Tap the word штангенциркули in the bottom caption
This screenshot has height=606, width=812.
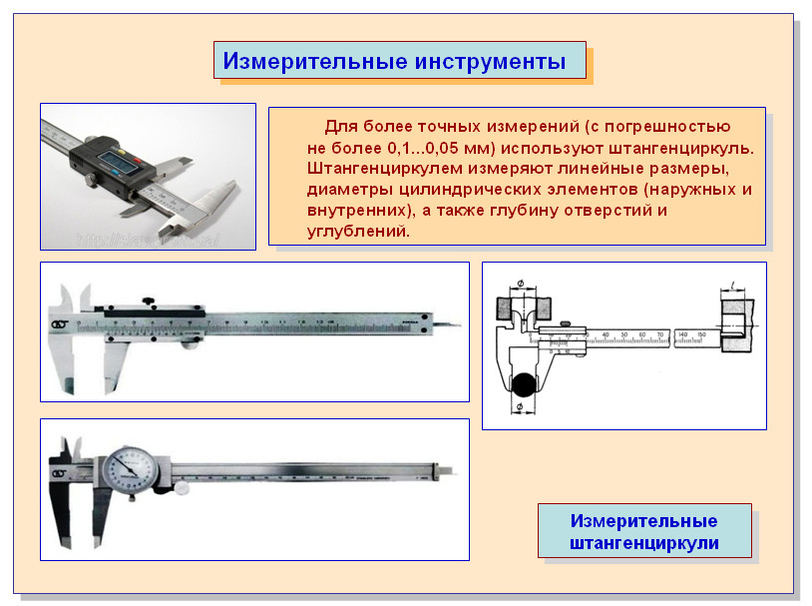tap(644, 543)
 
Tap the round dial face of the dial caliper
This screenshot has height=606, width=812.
tap(130, 466)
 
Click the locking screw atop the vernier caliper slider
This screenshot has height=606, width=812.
tap(148, 301)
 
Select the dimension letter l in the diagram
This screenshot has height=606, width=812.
tap(733, 286)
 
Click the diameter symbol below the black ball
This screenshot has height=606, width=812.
tap(520, 408)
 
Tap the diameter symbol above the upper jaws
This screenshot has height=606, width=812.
tap(522, 286)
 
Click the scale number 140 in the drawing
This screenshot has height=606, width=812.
tap(682, 333)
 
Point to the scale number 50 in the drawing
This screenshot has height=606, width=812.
tap(624, 333)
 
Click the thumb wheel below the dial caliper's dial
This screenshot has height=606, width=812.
tap(183, 489)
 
